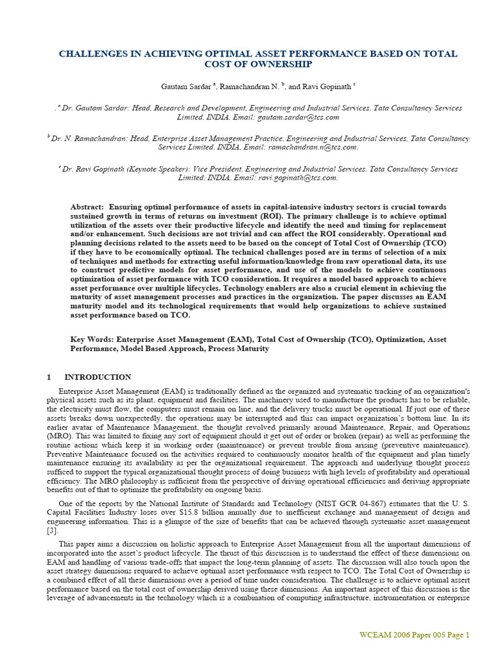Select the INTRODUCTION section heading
98,377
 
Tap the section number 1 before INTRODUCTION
49,377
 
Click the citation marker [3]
51,531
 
